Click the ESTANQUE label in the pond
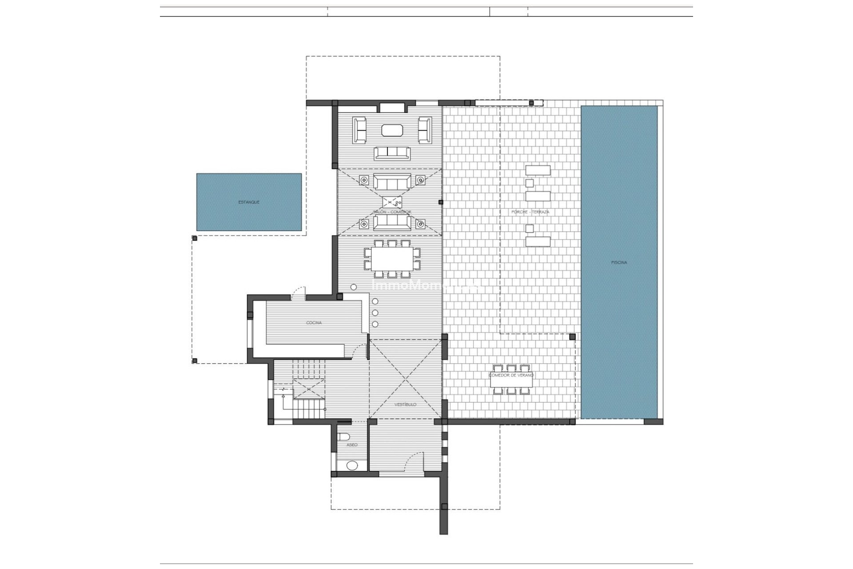(249, 202)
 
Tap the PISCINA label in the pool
(619, 263)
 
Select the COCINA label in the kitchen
(314, 323)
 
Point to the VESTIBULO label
(406, 405)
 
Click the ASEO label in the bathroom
(351, 445)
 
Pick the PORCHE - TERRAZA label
(530, 212)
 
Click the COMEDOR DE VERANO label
(511, 375)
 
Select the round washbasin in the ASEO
(352, 465)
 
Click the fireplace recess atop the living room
(392, 107)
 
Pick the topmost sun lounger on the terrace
(538, 170)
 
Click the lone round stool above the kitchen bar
(353, 288)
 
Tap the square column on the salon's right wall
(440, 202)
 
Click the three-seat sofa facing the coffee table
(392, 153)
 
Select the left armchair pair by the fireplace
(359, 130)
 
